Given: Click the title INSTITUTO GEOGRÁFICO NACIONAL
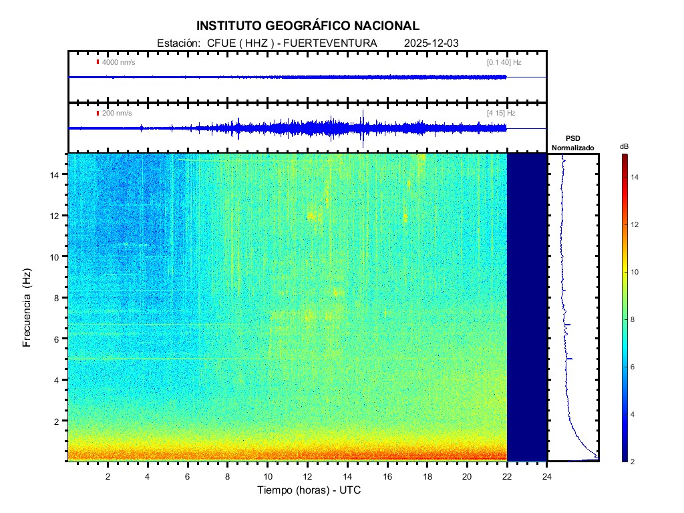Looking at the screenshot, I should click(308, 26).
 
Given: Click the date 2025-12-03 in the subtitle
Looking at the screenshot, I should click(432, 43).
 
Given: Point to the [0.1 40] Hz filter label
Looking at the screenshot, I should click(504, 63).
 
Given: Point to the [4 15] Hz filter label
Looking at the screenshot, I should click(501, 114).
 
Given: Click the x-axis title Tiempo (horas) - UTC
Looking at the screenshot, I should click(309, 490).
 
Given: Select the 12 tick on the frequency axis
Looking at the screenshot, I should click(56, 215).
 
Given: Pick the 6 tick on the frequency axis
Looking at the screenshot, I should click(59, 339).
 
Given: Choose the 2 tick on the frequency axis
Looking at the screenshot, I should click(59, 421).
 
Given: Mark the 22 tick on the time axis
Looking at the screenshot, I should click(507, 476).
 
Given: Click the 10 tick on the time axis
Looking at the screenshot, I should click(268, 476).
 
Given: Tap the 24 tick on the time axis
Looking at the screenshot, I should click(547, 476).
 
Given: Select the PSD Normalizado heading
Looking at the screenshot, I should click(572, 143).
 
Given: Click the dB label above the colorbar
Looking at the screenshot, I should click(624, 146).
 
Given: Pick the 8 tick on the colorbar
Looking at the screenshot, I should click(635, 320).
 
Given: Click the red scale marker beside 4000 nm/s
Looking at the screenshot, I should click(98, 63).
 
